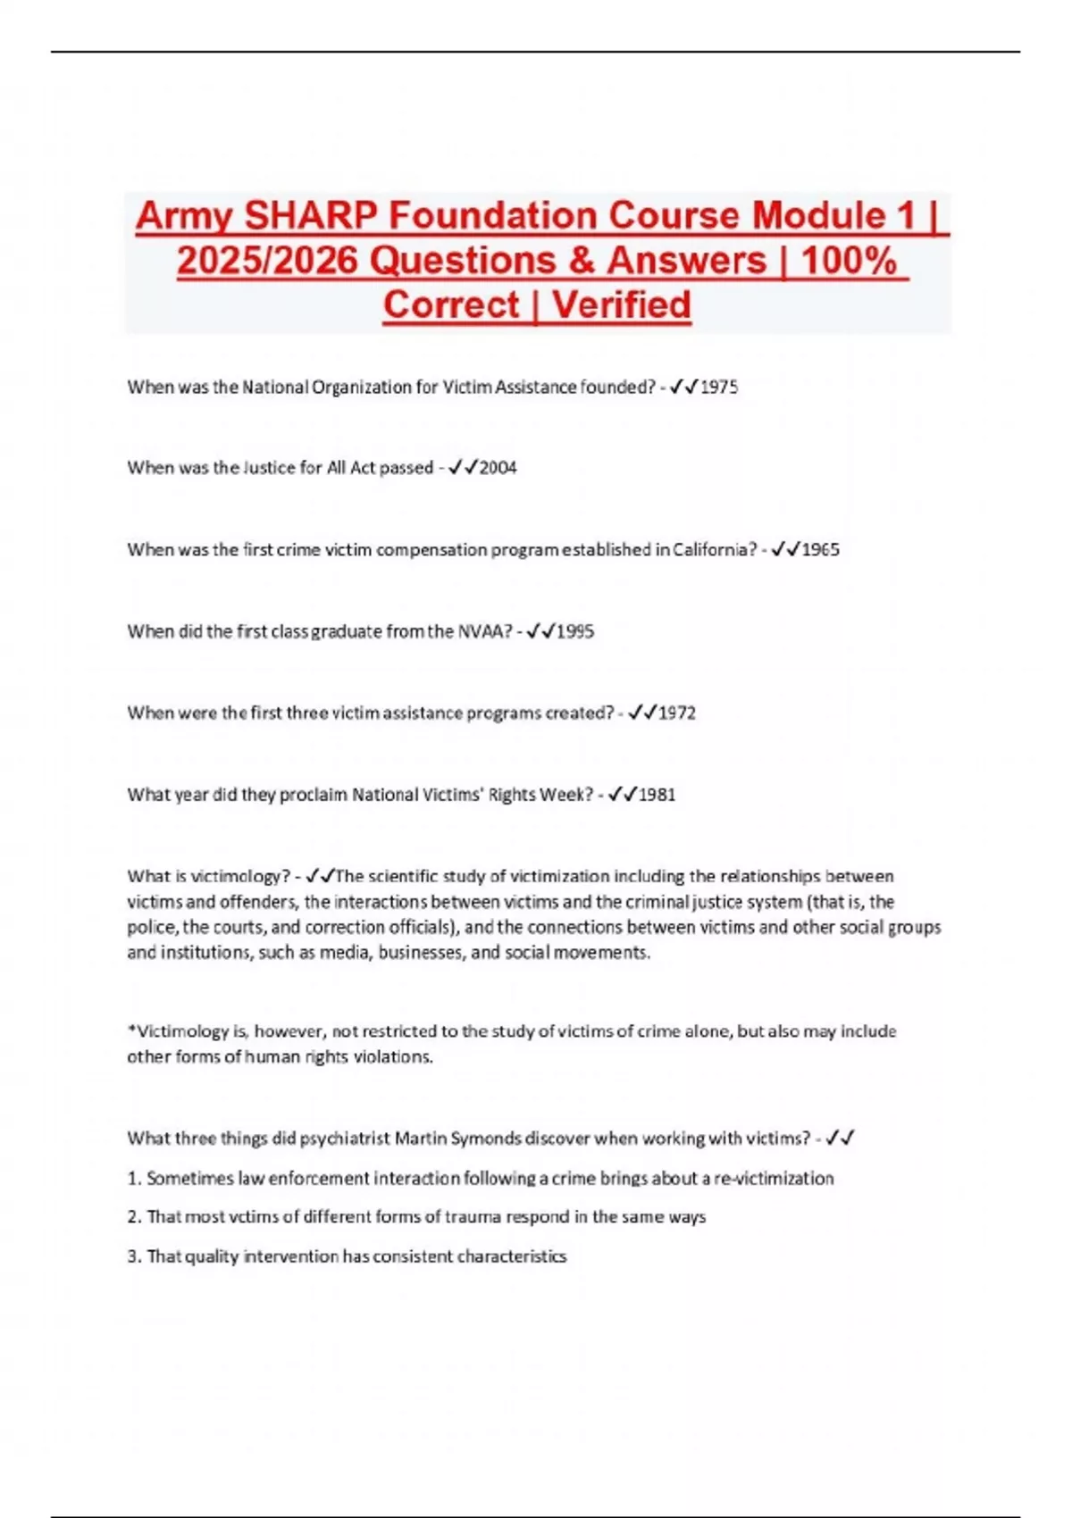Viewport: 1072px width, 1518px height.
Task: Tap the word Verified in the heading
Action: pyautogui.click(x=622, y=305)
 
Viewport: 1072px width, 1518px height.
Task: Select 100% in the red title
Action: pyautogui.click(x=849, y=261)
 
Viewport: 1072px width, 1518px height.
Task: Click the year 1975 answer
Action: pyautogui.click(x=719, y=388)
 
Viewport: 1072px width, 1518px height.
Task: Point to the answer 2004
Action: pyautogui.click(x=498, y=468)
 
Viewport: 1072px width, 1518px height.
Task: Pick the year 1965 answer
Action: pyautogui.click(x=820, y=550)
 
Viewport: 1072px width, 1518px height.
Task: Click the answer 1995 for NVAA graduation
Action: pyautogui.click(x=575, y=631)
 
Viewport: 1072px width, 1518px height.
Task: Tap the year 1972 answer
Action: pyautogui.click(x=677, y=713)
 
